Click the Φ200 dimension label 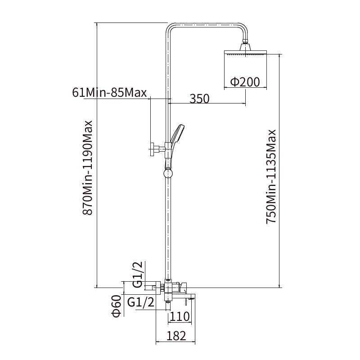pos(245,82)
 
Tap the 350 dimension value pos(199,99)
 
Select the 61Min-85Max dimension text pos(109,93)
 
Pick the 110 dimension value pos(180,316)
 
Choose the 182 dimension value pos(176,336)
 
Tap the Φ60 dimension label pos(116,306)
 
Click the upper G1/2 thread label pos(138,276)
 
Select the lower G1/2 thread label pos(141,302)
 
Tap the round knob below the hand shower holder pos(168,173)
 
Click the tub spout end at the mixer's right pos(190,297)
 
